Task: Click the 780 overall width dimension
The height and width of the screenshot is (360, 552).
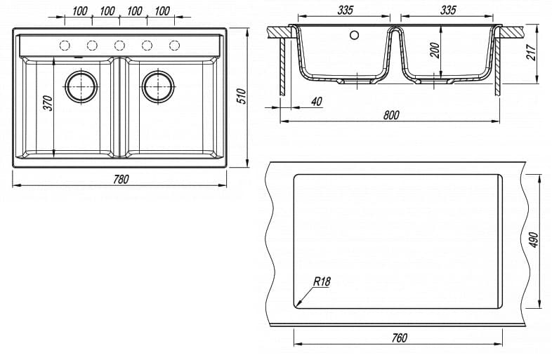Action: pos(121,179)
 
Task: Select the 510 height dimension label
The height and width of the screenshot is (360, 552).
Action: pos(240,97)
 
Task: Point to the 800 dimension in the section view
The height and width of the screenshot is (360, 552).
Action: pos(391,114)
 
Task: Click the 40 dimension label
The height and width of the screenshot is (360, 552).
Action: pos(315,102)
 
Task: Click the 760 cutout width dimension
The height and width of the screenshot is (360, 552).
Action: pos(398,338)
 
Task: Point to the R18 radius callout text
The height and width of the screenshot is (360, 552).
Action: pos(322,281)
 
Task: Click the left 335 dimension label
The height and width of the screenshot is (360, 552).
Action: pos(345,10)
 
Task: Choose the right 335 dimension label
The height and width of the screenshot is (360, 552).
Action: pos(447,10)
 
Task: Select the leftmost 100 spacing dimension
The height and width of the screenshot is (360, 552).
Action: pos(79,11)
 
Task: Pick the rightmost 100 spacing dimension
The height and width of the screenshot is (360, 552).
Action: pos(162,11)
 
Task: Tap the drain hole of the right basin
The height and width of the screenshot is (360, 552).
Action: pos(158,86)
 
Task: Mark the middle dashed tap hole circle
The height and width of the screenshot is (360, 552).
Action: pos(119,46)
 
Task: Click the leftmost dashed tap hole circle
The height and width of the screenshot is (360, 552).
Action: pos(65,46)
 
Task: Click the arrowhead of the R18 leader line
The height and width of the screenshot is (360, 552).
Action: pos(298,306)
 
